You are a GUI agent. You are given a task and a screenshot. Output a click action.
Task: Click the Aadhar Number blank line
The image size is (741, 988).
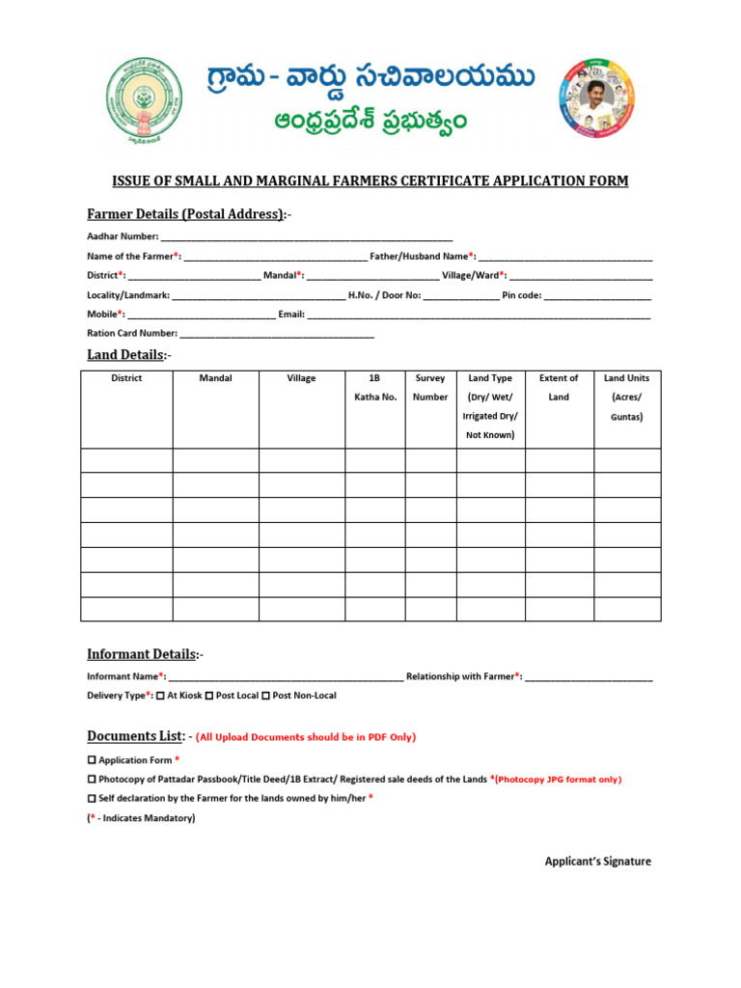tap(307, 236)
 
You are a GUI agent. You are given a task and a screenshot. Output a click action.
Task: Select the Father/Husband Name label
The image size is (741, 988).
tap(424, 256)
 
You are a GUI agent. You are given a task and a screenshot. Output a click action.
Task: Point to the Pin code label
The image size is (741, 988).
tap(522, 295)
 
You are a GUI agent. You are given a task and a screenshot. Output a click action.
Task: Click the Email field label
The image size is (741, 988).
tap(291, 315)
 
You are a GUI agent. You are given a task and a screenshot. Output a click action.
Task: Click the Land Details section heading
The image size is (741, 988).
tap(126, 355)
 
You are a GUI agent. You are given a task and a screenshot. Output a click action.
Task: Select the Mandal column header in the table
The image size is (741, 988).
tap(215, 378)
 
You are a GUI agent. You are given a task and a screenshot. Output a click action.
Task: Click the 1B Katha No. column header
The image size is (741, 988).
tap(374, 388)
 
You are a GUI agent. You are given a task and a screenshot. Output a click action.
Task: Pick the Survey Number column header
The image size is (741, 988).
tap(430, 388)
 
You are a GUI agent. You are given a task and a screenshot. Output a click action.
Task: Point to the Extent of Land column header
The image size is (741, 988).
tap(559, 388)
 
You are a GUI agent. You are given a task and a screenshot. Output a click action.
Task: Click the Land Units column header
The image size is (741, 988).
tap(626, 397)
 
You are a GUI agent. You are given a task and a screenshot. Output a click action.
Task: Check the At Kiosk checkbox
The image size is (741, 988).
tap(160, 696)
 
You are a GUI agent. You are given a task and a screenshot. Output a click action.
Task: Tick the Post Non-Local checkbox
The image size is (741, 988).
tap(265, 696)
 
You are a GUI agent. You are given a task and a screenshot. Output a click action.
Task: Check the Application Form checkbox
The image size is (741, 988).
tap(92, 761)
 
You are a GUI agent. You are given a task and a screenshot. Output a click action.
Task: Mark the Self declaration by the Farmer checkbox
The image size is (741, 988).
tap(92, 799)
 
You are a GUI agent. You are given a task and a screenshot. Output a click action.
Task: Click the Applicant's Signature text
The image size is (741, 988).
tap(597, 862)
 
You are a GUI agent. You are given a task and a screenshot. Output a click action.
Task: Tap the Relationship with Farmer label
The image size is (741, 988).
tap(464, 676)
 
